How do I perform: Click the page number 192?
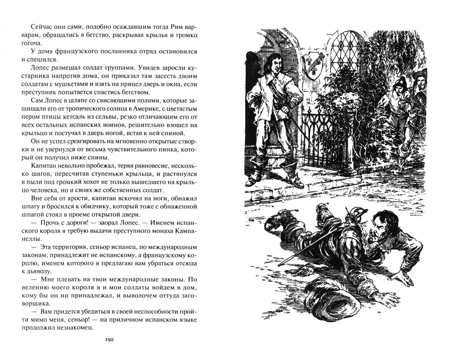110,340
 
